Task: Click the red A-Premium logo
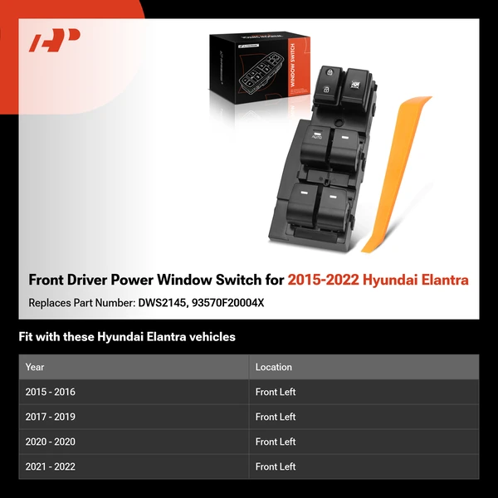tap(54, 41)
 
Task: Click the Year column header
tap(35, 367)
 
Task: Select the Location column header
tap(273, 367)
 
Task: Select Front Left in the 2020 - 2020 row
tap(276, 442)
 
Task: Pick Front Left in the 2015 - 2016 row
tap(276, 392)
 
